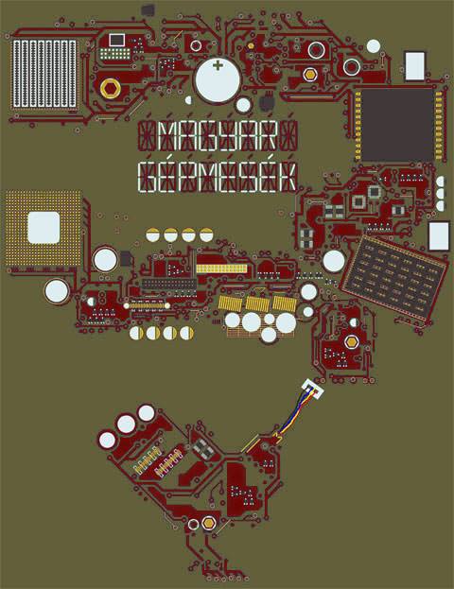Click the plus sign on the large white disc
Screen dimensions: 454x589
click(x=218, y=66)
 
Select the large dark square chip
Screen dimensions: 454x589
click(x=397, y=125)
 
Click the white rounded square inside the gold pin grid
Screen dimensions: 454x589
click(x=44, y=227)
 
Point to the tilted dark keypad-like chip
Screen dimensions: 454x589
click(x=393, y=277)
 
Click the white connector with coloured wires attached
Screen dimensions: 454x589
click(x=313, y=389)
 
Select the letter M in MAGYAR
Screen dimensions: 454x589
click(x=168, y=135)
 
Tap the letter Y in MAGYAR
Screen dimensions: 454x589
click(x=229, y=135)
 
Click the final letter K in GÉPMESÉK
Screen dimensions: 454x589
click(x=288, y=177)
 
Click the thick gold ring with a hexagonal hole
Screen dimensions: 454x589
click(x=110, y=89)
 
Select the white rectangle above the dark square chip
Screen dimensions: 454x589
click(x=415, y=66)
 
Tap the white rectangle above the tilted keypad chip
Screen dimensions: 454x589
click(x=439, y=236)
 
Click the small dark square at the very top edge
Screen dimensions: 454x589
click(x=148, y=9)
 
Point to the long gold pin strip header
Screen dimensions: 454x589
click(x=221, y=269)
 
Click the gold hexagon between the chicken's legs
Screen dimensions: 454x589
click(x=208, y=523)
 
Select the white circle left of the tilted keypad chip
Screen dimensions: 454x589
click(x=334, y=261)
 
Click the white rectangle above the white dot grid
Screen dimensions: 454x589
click(x=117, y=40)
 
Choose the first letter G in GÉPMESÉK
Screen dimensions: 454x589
click(x=148, y=177)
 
